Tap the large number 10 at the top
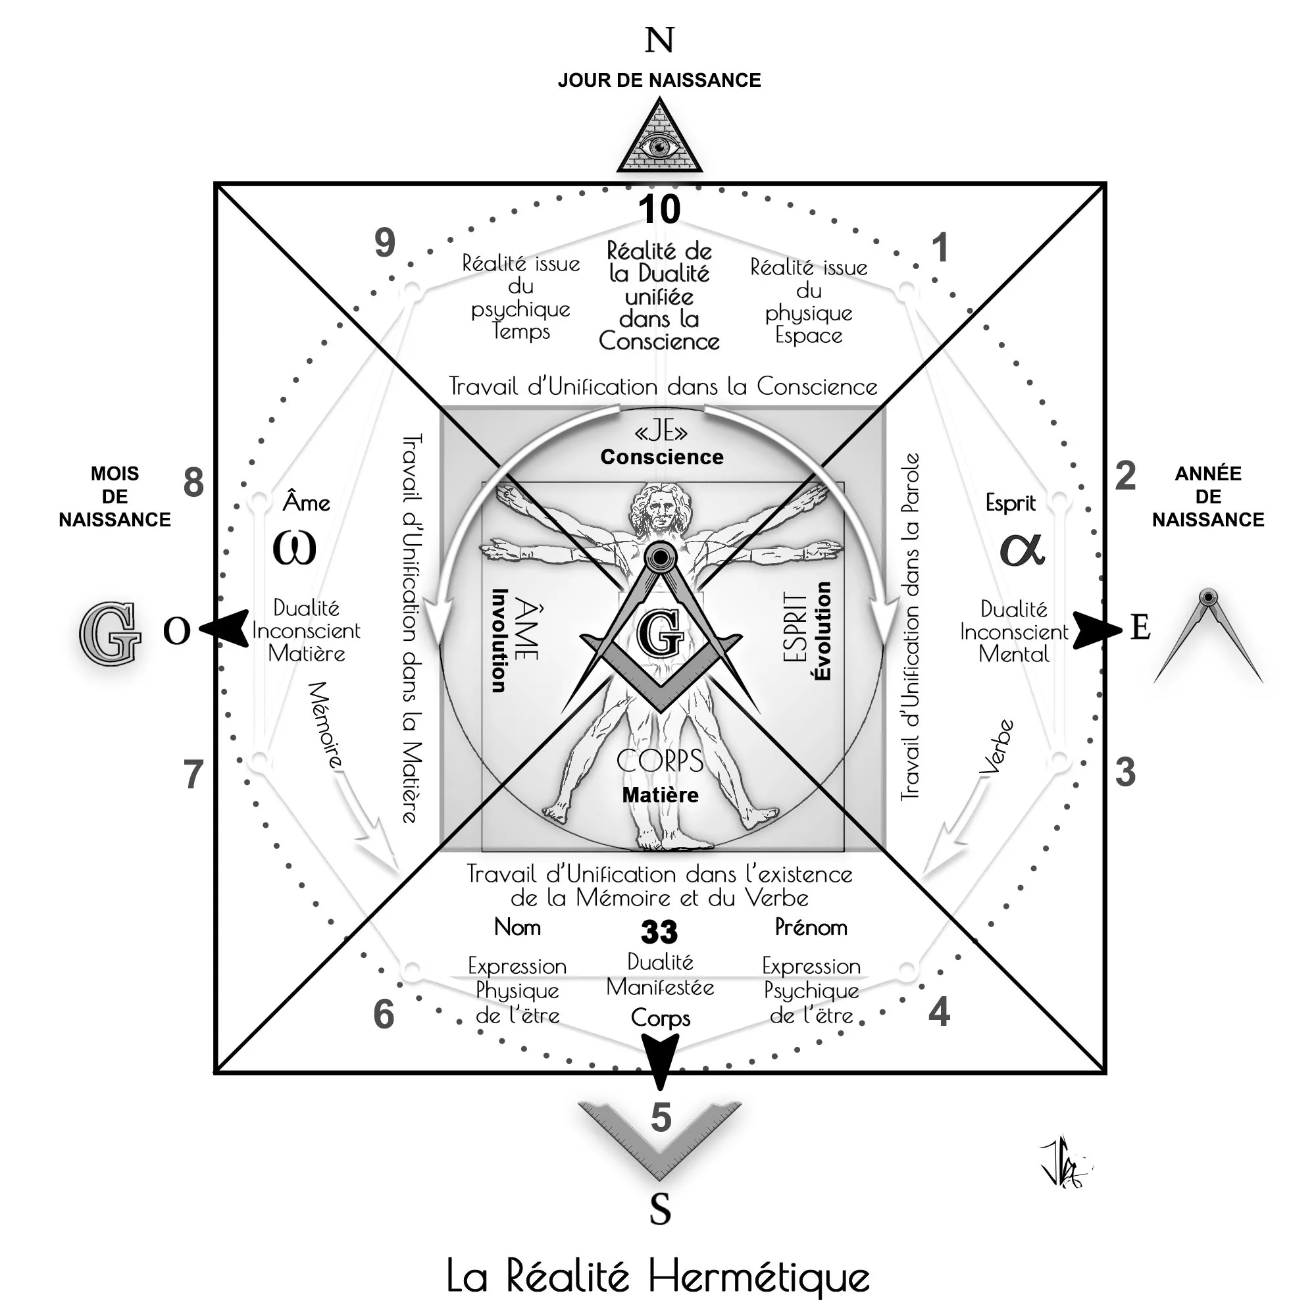point(659,209)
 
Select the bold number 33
point(659,932)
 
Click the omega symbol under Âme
point(294,547)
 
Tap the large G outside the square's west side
point(109,634)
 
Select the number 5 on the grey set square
point(661,1118)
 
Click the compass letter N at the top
point(659,40)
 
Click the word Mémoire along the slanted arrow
point(326,725)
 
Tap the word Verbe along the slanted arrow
point(996,747)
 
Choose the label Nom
point(517,927)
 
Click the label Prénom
point(811,927)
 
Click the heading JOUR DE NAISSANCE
point(659,80)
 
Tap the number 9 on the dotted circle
point(385,243)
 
